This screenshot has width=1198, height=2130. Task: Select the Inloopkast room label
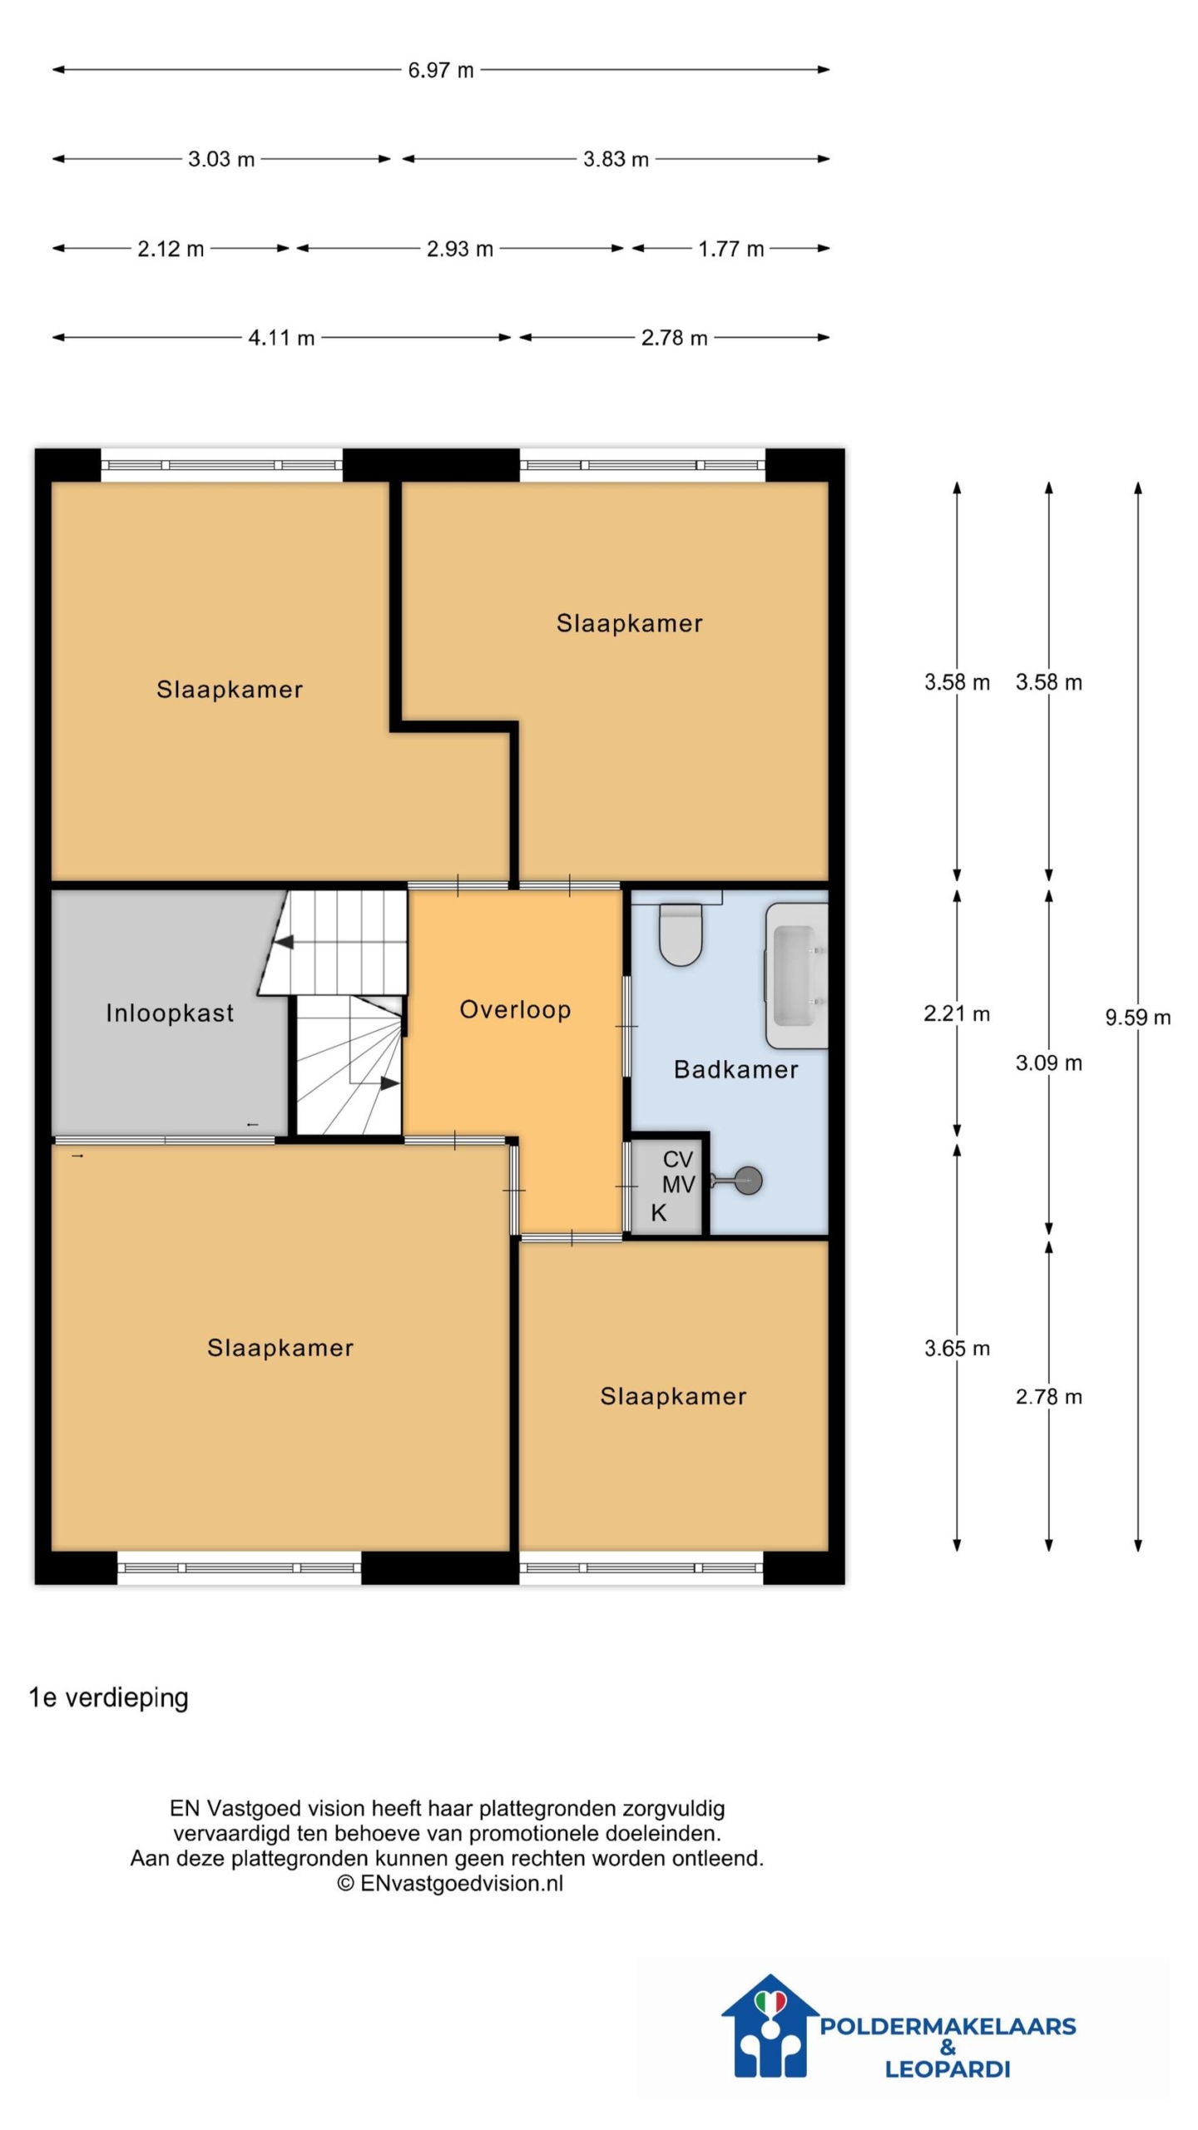(170, 1013)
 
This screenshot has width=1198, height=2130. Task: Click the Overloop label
(515, 1009)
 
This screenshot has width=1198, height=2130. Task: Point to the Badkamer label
(735, 1069)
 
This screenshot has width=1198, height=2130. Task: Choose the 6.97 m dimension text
(441, 70)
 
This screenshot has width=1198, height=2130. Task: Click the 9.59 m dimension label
(1137, 1017)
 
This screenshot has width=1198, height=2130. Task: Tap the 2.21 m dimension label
(957, 1013)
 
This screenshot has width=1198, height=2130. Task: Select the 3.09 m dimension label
(1048, 1063)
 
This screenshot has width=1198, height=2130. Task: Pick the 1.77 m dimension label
(730, 249)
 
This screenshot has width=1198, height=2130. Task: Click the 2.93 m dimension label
(460, 249)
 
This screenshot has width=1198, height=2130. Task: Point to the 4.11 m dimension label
(281, 338)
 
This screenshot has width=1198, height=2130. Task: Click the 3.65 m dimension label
(957, 1348)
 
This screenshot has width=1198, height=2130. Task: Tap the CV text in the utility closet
(677, 1159)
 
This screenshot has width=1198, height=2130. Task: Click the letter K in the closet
(658, 1212)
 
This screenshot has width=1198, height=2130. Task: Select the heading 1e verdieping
(109, 1697)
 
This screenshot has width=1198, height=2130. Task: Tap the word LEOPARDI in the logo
(947, 2068)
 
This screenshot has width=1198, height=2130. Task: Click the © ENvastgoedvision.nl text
(450, 1884)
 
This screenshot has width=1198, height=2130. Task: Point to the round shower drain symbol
(749, 1181)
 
